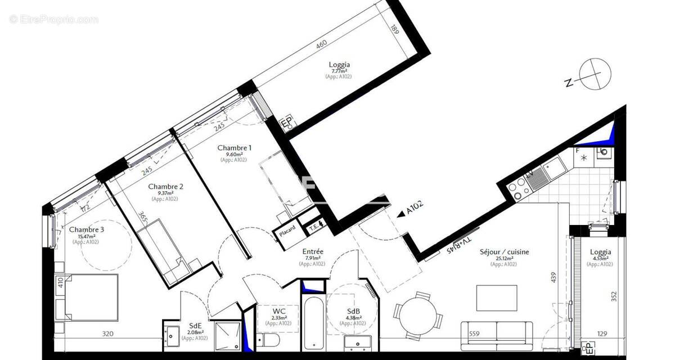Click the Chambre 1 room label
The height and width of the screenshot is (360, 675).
[x=234, y=148]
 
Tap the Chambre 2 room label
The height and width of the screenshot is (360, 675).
[x=165, y=187]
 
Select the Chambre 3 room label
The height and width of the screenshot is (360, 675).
[x=86, y=229]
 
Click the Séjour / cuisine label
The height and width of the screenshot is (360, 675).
[x=504, y=253]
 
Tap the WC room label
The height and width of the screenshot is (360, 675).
[x=278, y=311]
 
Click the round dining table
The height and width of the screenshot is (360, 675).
[x=417, y=314]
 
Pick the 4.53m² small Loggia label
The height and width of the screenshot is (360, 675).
[x=600, y=253]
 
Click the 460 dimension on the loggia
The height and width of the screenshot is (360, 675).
[x=321, y=43]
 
